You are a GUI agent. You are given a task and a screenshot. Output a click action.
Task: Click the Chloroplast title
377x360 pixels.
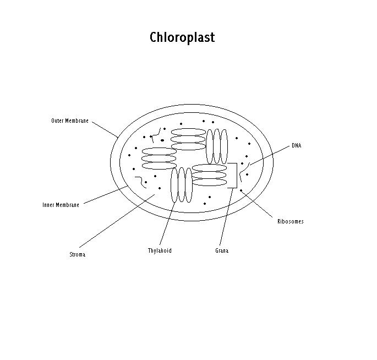182,38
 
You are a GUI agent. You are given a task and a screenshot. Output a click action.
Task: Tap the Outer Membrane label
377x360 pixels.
70,121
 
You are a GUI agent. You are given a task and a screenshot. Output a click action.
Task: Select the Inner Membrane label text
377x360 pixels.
61,205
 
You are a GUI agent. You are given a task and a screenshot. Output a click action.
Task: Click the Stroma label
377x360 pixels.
78,255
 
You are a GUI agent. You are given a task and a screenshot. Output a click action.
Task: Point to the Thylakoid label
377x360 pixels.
160,251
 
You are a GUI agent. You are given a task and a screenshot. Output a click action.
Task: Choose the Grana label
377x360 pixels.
222,251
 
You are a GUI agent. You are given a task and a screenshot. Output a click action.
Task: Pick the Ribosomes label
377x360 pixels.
290,222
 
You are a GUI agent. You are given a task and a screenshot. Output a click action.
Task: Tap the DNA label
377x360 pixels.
296,146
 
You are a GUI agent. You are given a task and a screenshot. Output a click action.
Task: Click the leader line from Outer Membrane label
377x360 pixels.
105,129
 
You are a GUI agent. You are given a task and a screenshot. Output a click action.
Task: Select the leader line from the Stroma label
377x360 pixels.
116,220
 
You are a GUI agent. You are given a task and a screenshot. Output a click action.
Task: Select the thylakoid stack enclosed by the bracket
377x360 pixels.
209,176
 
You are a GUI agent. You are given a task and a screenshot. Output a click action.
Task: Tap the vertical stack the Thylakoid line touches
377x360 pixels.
182,186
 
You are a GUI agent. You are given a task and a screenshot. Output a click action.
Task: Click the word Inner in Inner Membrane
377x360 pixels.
49,205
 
